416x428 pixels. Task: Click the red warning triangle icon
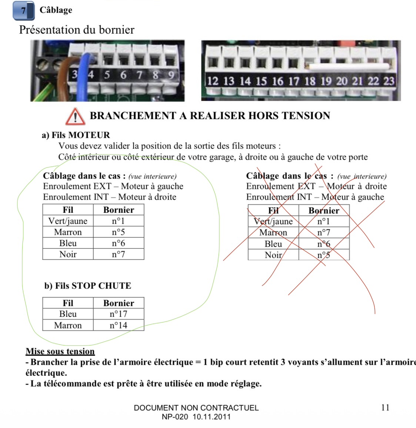point(76,117)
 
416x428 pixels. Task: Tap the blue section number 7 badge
point(24,11)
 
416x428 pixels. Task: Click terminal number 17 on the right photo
point(294,81)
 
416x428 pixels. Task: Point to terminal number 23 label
point(389,81)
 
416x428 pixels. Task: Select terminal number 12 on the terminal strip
point(213,81)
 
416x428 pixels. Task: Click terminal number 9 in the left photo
point(171,74)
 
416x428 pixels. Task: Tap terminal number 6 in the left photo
point(123,74)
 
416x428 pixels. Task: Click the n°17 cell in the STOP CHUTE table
point(119,314)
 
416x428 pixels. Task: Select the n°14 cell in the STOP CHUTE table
point(119,325)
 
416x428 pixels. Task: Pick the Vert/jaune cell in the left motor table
point(68,221)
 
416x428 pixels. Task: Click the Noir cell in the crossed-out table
point(273,255)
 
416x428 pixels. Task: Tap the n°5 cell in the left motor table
point(119,232)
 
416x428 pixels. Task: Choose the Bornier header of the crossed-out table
point(324,210)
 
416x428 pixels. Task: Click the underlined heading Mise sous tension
point(60,351)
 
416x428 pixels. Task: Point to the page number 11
point(385,408)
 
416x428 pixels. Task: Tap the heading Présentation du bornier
point(77,30)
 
